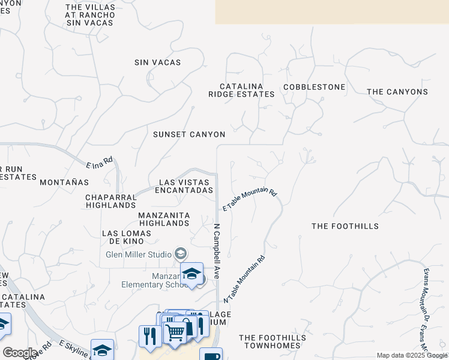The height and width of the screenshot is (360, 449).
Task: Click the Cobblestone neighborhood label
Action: pos(314,87)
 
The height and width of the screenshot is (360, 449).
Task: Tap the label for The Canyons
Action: pos(397,92)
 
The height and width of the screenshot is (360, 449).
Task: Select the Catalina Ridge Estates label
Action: pos(241,91)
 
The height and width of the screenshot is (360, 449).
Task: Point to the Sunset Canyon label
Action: pos(189,134)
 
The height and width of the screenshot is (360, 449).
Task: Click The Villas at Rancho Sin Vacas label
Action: pos(89,15)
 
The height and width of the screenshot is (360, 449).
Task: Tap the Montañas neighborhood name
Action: pos(64,182)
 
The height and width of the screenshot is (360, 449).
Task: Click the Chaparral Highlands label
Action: pos(110,201)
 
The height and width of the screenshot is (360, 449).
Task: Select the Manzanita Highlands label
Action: pos(164,219)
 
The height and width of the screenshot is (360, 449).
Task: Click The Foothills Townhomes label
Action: pos(273,342)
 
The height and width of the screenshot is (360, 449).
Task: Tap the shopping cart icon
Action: pos(175,331)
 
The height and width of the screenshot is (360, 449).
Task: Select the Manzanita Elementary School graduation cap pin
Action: pos(192,274)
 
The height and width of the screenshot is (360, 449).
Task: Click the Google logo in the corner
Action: pos(20,352)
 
